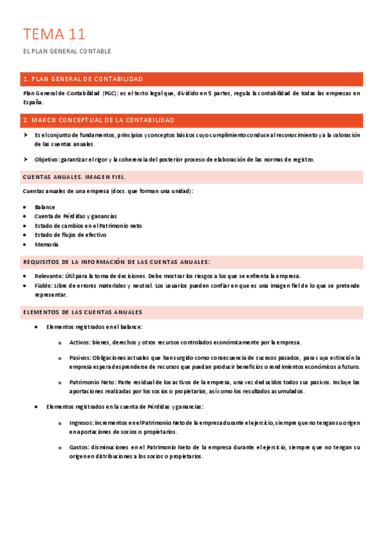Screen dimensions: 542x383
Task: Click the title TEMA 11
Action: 54,34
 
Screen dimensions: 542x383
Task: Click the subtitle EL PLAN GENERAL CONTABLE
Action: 67,51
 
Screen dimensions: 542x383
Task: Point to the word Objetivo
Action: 46,160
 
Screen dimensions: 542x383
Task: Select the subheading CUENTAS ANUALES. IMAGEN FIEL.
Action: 74,177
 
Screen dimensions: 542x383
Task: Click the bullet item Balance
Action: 45,207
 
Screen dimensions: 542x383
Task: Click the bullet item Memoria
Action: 47,244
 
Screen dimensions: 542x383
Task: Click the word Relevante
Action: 49,276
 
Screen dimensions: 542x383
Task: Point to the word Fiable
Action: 43,286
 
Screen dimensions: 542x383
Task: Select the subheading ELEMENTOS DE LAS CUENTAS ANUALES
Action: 82,312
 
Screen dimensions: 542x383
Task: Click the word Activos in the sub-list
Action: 80,343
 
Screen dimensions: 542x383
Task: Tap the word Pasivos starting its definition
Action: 80,358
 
